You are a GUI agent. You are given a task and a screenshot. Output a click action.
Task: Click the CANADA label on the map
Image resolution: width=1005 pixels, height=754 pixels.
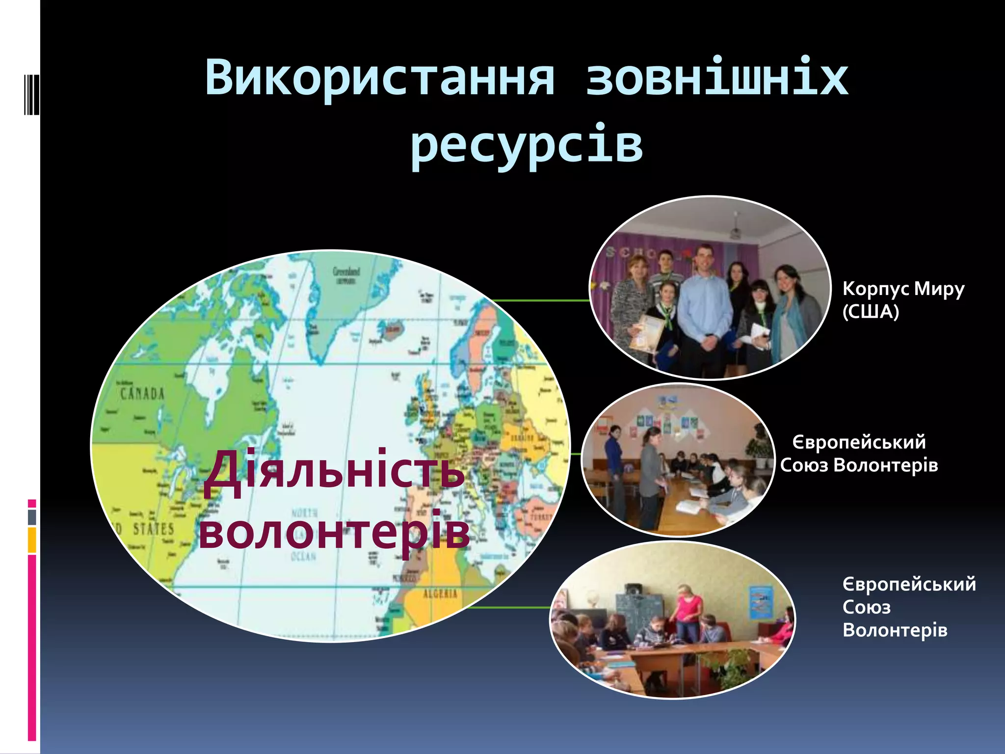(142, 394)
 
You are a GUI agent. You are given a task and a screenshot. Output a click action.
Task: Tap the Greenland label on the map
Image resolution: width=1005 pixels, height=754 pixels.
(346, 271)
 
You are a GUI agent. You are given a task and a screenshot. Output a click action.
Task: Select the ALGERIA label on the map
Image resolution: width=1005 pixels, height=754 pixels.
(440, 594)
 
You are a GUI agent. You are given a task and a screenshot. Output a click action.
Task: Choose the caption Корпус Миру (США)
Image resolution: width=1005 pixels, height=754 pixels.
(903, 299)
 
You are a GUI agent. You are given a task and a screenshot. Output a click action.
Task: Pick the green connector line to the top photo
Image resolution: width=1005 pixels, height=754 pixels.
(540, 300)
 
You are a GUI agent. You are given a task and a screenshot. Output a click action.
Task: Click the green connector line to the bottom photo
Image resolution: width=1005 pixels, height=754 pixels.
(510, 607)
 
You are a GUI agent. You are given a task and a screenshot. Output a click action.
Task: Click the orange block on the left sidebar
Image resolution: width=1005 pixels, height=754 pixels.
(32, 540)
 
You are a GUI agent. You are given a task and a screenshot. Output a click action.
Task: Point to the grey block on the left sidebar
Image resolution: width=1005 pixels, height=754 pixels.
(32, 517)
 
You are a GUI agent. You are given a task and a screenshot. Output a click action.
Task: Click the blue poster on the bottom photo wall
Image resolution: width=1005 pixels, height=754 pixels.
(760, 601)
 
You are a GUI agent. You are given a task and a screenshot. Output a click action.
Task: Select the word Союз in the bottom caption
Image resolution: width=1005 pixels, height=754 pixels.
(867, 607)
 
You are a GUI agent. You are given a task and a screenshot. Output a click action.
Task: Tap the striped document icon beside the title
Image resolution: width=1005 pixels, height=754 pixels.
(31, 93)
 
